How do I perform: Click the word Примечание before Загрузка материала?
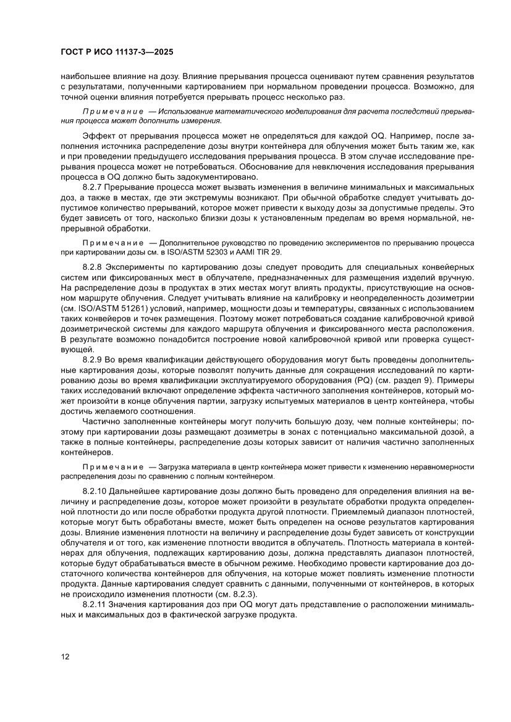pyautogui.click(x=112, y=467)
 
